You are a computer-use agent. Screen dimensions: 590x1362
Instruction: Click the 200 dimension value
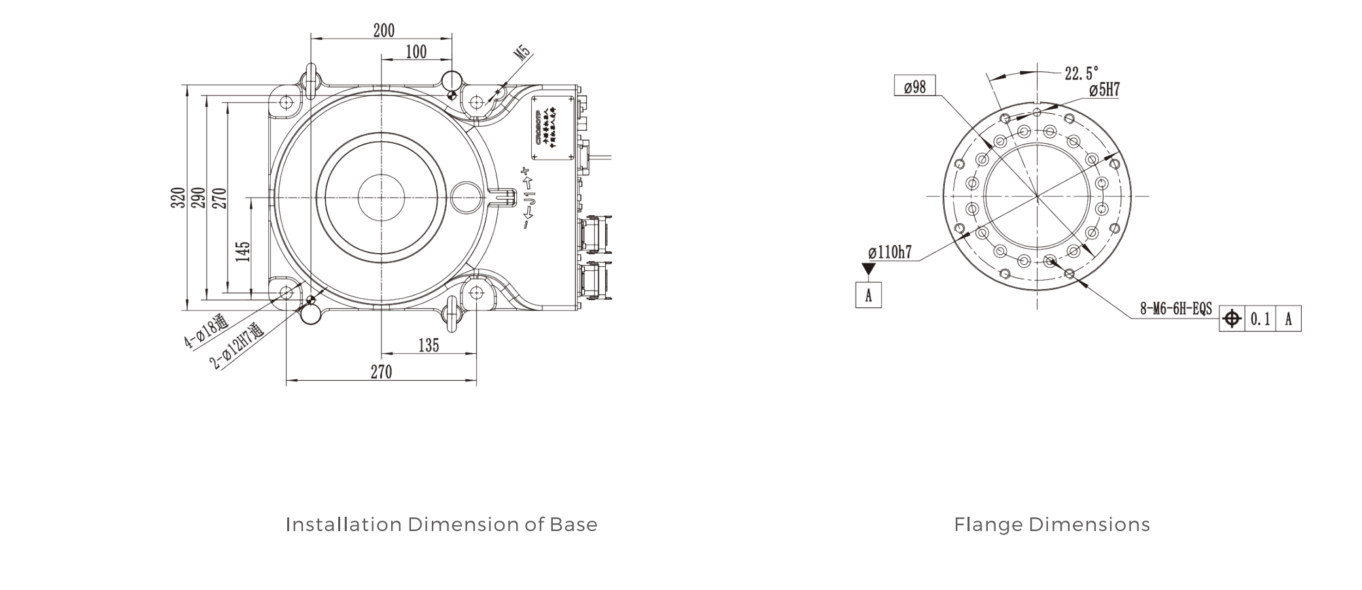[384, 30]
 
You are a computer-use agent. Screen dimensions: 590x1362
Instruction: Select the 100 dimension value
[416, 52]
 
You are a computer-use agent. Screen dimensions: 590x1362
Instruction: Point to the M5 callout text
[523, 54]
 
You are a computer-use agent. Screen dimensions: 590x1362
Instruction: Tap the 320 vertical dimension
[178, 198]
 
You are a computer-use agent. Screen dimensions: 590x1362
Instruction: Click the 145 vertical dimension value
[243, 252]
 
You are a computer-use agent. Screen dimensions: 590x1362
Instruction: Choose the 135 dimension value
[428, 345]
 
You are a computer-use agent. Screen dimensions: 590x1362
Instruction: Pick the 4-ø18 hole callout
[205, 332]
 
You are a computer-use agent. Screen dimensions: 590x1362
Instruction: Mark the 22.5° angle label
[1081, 73]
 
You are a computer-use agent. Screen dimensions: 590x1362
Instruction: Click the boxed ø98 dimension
[915, 86]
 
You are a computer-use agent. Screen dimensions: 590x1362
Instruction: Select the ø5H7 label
[1105, 90]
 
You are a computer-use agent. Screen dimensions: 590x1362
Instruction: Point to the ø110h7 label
[890, 252]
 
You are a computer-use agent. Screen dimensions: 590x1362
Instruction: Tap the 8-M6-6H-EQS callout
[1176, 309]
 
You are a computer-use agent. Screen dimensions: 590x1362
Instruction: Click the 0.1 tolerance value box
[1260, 319]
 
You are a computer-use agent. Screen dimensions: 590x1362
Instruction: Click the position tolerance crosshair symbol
[1232, 319]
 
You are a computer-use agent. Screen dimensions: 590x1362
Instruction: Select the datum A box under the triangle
[868, 295]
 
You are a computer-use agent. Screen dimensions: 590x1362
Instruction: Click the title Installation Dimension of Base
[442, 525]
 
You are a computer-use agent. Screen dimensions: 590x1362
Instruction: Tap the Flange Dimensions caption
[1052, 525]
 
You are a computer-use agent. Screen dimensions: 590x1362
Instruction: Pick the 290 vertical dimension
[199, 198]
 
